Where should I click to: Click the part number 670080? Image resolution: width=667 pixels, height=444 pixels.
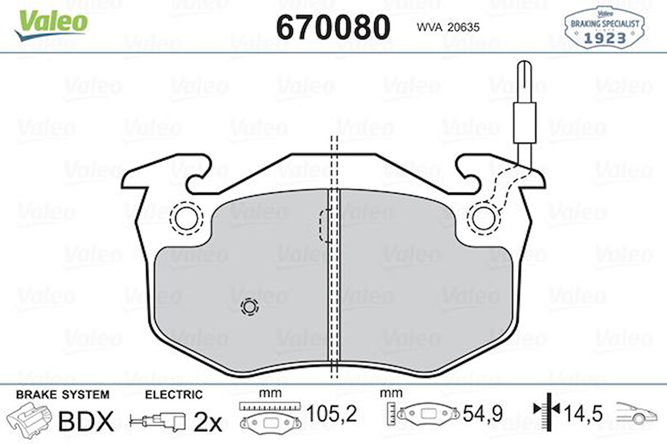point(332,27)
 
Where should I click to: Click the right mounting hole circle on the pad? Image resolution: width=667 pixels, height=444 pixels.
point(483,217)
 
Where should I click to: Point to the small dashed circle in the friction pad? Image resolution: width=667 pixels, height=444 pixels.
point(249,307)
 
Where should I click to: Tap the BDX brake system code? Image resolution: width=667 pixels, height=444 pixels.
point(86,421)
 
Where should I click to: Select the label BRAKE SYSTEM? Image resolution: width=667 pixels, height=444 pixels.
point(62,394)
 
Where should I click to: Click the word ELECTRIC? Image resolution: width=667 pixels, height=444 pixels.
point(174,394)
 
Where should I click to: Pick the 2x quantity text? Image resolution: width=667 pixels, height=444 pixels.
point(207,422)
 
